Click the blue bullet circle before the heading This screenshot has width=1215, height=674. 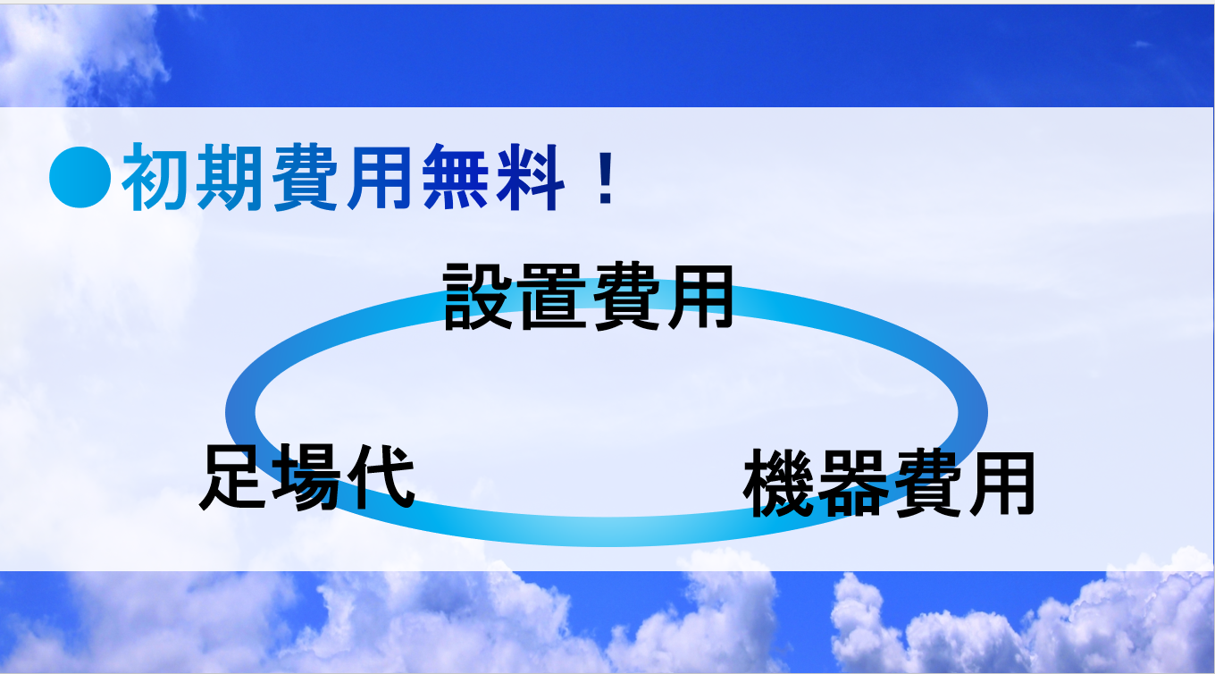tap(80, 177)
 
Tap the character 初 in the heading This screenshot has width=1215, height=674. tap(156, 177)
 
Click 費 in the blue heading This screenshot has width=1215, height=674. tap(306, 177)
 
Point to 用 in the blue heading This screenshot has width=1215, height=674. tap(379, 177)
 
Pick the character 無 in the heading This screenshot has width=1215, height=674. tap(456, 177)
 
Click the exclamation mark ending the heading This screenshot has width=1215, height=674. tap(606, 178)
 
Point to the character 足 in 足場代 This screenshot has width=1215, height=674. tap(234, 477)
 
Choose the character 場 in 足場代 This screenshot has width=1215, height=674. tap(306, 477)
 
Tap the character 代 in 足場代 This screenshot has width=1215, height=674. tap(381, 477)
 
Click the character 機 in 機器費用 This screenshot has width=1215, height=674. tap(779, 483)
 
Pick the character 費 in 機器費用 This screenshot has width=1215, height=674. tap(927, 483)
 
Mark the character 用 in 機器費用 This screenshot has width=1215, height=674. tap(1001, 483)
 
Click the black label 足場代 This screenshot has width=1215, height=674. tap(307, 477)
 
